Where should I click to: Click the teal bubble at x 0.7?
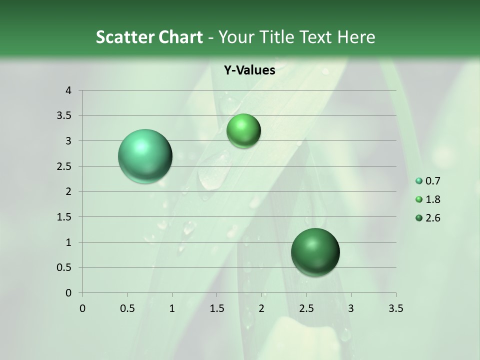(x=145, y=156)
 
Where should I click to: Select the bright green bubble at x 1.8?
(x=243, y=131)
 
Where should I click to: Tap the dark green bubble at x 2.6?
(x=315, y=252)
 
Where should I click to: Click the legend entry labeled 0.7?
(x=428, y=181)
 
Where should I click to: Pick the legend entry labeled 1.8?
(x=428, y=199)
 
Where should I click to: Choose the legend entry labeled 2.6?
(x=428, y=218)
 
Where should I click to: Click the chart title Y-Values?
(x=249, y=70)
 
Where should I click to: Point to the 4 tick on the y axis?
(x=69, y=90)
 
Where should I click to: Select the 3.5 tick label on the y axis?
(x=65, y=115)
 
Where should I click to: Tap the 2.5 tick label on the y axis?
(x=65, y=166)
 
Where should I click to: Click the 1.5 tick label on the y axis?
(x=65, y=217)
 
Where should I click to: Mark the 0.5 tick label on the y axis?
(x=65, y=267)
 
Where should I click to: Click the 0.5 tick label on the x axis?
(x=127, y=308)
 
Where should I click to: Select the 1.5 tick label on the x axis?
(x=216, y=308)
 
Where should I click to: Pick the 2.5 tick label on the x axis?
(x=306, y=308)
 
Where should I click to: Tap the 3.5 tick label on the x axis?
(x=395, y=308)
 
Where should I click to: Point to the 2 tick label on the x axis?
(x=261, y=308)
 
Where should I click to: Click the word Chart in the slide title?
(x=179, y=36)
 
